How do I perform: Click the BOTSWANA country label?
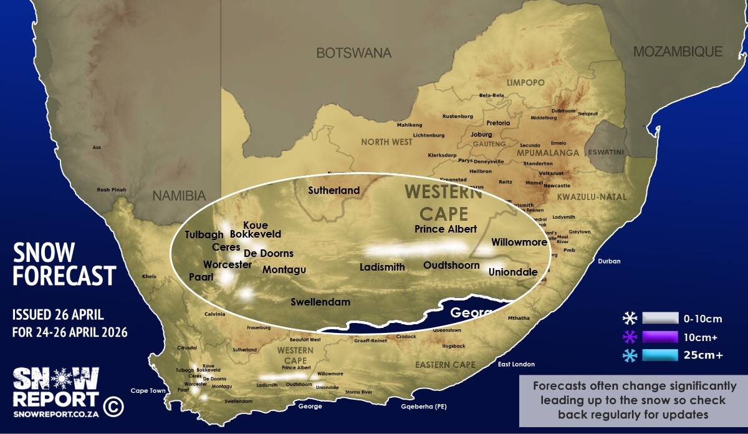pos(353,53)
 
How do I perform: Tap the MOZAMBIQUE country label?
pos(678,52)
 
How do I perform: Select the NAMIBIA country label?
pos(179,196)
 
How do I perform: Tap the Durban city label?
pos(609,261)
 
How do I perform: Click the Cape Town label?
pos(148,391)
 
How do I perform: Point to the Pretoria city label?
pos(498,123)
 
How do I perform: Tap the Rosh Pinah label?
pos(111,190)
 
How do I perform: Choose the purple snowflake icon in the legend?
pos(630,337)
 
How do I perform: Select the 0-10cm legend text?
pos(702,319)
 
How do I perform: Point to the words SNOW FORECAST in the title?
pos(64,264)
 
